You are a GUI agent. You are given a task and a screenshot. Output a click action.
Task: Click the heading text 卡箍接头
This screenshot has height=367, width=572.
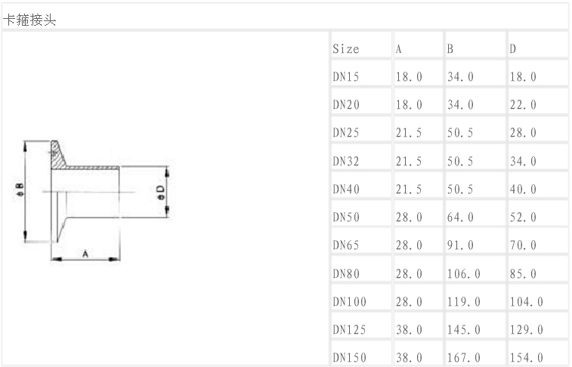[x=31, y=20]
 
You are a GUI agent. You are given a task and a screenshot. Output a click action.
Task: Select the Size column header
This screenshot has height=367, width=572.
[x=345, y=49]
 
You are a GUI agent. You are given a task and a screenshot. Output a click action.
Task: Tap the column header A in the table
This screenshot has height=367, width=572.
[x=398, y=49]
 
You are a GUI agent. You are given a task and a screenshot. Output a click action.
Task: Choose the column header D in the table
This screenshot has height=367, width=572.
[x=513, y=49]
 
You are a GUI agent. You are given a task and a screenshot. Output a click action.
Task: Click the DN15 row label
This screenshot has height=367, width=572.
[x=346, y=77]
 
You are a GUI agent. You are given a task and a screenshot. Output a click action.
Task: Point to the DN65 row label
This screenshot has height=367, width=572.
[x=346, y=245]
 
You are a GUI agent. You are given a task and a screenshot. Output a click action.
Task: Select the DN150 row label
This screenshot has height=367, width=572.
[x=349, y=357]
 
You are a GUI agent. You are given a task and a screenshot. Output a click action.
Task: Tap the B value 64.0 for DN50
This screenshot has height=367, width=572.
[x=460, y=217]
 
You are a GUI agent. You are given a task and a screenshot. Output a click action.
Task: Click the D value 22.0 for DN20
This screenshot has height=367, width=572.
[x=523, y=105]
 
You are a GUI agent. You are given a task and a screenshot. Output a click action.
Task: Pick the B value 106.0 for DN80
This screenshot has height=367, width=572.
[x=463, y=273]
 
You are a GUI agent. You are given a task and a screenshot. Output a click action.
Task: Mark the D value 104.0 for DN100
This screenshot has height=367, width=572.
[x=526, y=301]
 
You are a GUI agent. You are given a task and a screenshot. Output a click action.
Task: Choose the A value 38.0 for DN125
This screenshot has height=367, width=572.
[x=409, y=329]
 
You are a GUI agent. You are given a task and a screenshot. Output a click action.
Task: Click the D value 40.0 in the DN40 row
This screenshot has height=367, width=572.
[x=523, y=190]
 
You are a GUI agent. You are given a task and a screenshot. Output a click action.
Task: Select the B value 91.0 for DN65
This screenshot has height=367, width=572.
[x=460, y=245]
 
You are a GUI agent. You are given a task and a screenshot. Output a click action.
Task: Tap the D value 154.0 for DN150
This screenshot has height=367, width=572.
[x=526, y=357]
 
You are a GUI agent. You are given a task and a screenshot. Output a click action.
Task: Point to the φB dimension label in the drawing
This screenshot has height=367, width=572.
[x=20, y=190]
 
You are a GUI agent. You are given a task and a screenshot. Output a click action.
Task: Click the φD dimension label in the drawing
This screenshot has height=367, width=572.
[x=159, y=192]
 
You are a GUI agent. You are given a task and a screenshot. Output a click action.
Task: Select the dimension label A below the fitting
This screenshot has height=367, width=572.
[x=86, y=254]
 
